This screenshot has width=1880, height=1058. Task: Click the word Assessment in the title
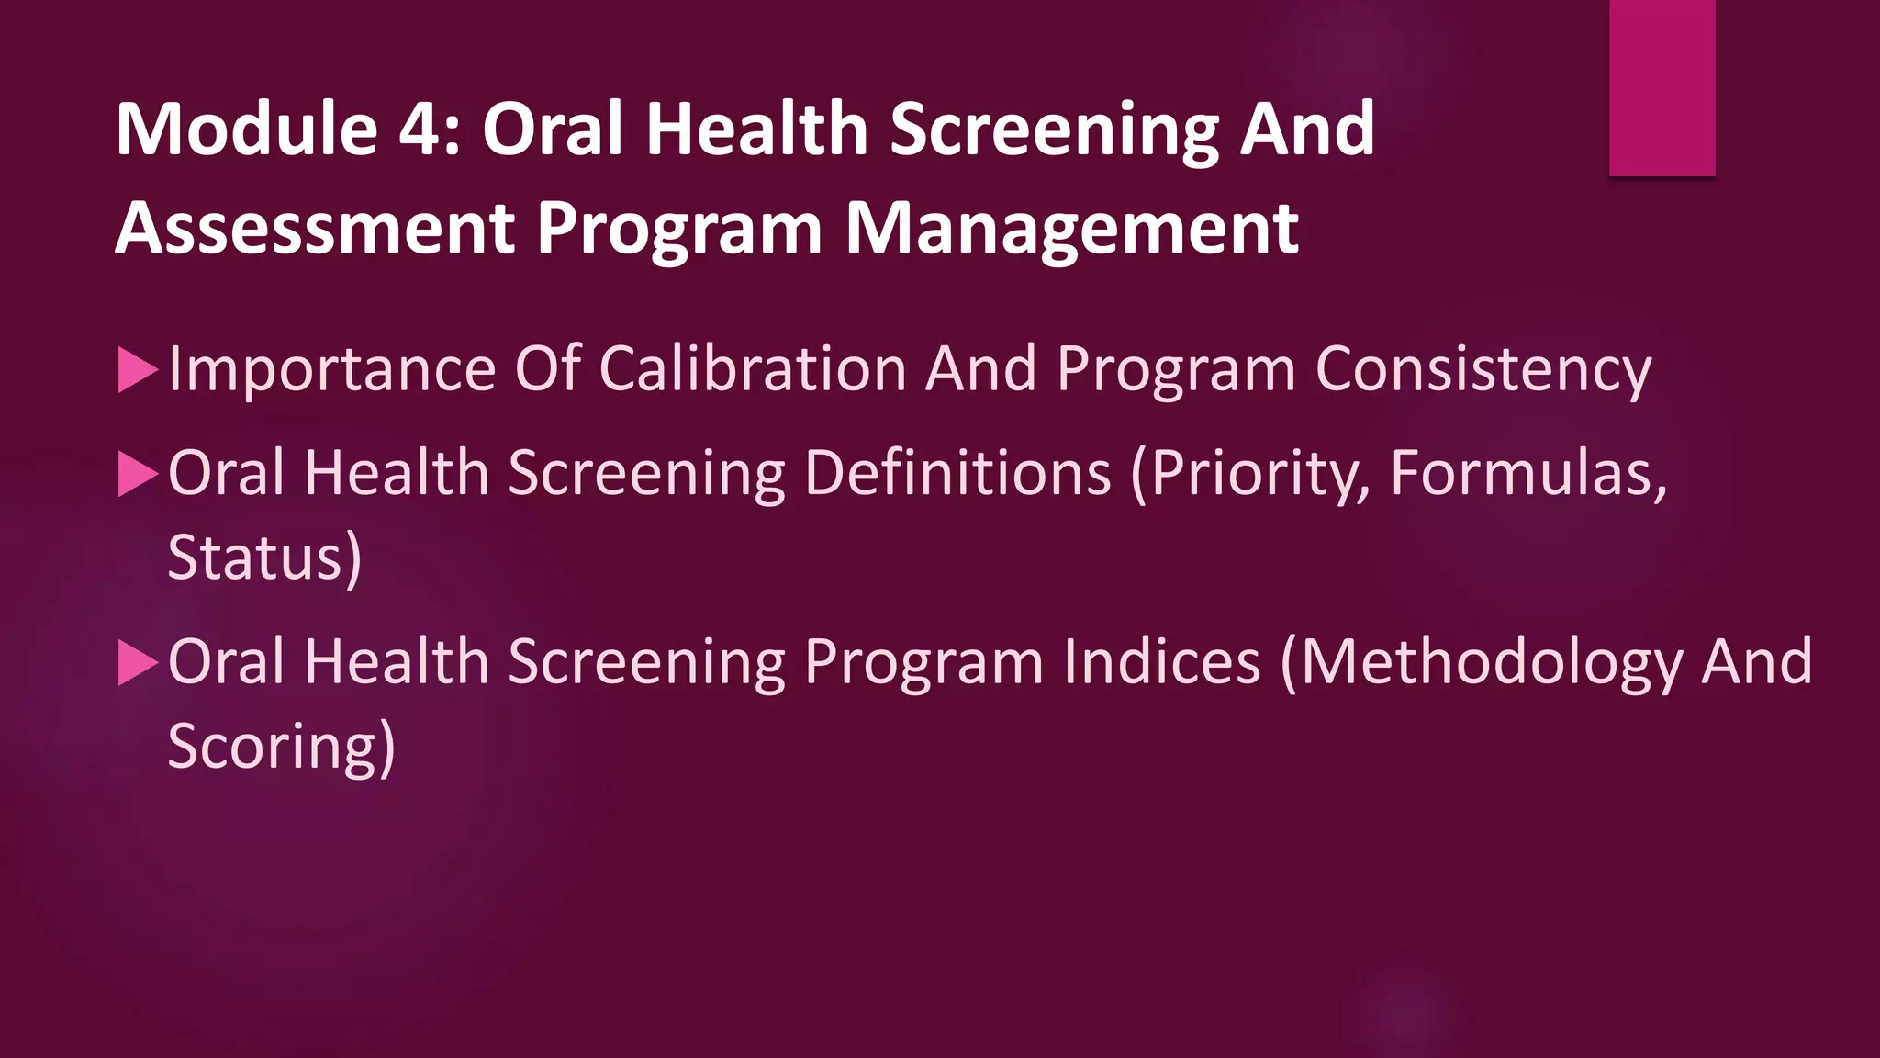315,229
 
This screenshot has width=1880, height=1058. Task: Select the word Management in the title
1071,229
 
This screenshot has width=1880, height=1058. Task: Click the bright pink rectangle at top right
1662,87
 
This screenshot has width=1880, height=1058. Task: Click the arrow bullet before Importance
138,371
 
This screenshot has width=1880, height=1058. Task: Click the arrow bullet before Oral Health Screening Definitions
138,475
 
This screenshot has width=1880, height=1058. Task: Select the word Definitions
957,474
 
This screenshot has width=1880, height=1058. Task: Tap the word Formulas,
1528,474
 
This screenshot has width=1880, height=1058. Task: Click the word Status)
264,558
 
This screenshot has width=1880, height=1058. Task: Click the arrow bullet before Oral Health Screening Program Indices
138,663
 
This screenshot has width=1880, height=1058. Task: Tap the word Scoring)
281,747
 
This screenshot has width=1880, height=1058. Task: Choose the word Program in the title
679,231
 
